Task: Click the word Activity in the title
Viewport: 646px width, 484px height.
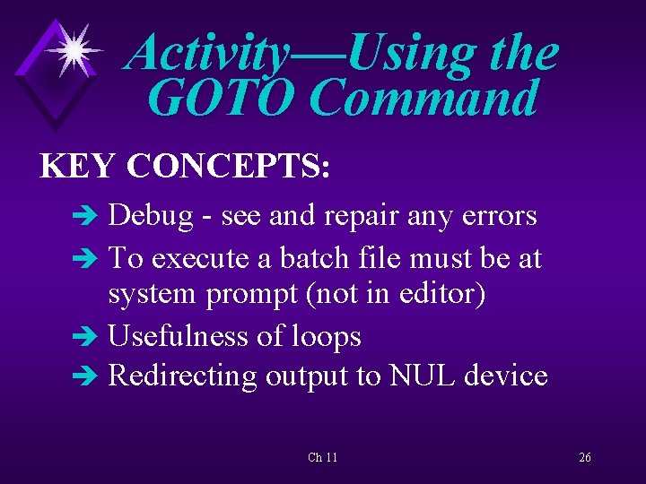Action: pyautogui.click(x=205, y=54)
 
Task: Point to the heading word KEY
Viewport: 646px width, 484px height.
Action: pyautogui.click(x=77, y=167)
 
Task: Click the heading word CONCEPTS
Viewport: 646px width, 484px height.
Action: pyautogui.click(x=229, y=167)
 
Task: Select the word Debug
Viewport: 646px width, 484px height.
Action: pyautogui.click(x=150, y=217)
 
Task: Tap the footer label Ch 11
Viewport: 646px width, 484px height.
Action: pyautogui.click(x=322, y=458)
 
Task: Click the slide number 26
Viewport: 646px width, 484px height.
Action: pyautogui.click(x=584, y=458)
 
